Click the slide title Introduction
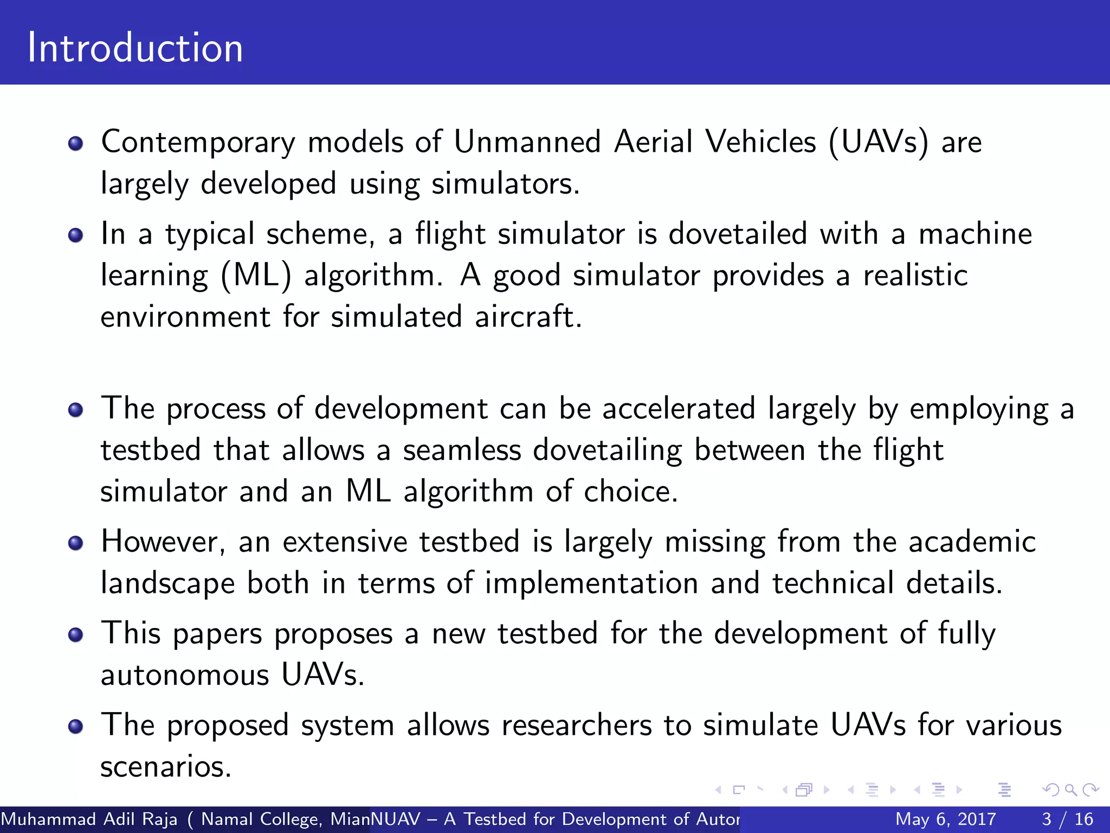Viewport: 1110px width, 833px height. point(135,48)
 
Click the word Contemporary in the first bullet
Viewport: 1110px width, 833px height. point(198,143)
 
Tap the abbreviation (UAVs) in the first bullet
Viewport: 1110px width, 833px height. point(878,143)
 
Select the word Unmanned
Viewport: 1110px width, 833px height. point(527,143)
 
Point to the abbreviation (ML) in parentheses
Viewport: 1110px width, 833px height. point(256,276)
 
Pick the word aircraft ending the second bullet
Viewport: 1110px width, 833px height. point(524,317)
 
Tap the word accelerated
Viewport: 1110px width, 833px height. point(679,408)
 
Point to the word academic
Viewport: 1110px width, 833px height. point(972,542)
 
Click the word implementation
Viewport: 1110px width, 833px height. point(591,584)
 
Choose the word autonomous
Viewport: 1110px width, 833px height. point(185,676)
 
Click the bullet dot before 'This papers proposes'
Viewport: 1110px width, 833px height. point(76,635)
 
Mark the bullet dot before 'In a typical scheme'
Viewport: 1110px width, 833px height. point(76,235)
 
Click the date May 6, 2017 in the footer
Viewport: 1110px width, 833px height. point(946,819)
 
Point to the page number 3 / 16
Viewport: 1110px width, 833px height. point(1067,819)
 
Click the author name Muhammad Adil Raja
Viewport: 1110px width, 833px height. point(89,819)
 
